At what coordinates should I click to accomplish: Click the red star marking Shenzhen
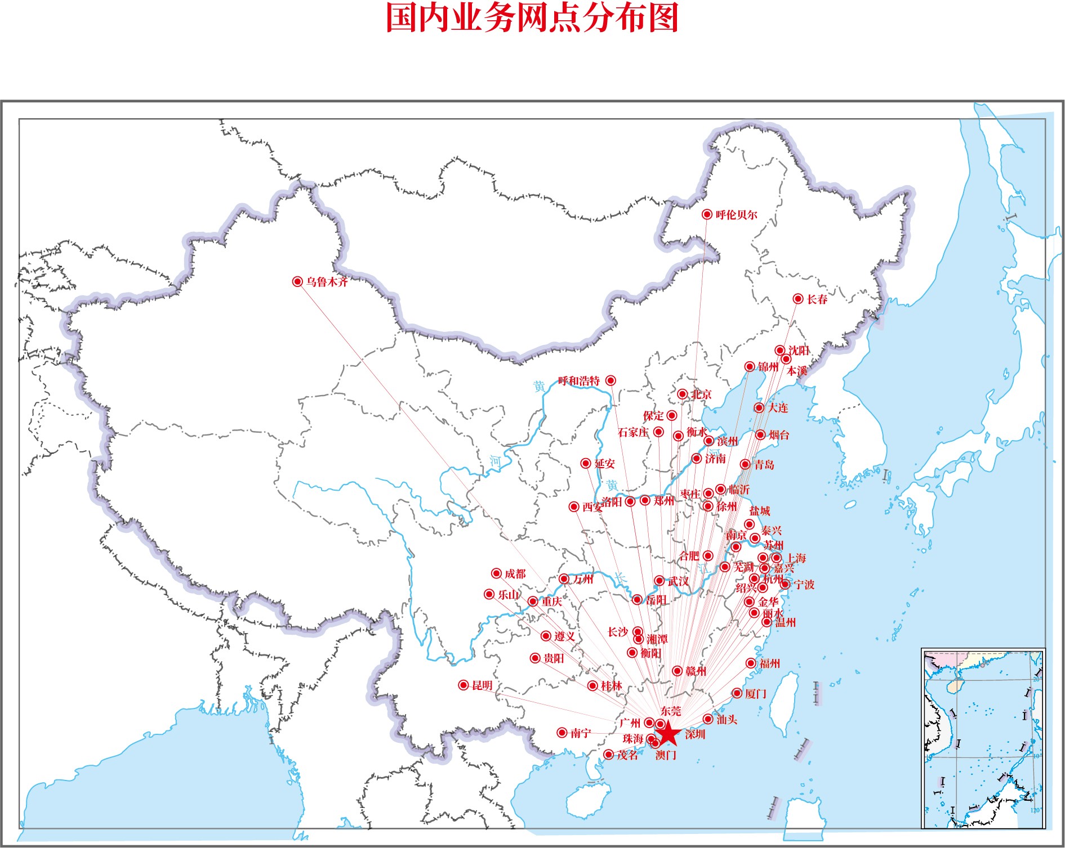pyautogui.click(x=668, y=733)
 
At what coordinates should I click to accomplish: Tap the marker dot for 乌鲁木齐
pyautogui.click(x=297, y=281)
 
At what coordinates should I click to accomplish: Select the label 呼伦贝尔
pyautogui.click(x=736, y=214)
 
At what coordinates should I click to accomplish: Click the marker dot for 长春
pyautogui.click(x=797, y=299)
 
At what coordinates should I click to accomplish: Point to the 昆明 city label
pyautogui.click(x=482, y=685)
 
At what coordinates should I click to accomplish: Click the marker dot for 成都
pyautogui.click(x=496, y=573)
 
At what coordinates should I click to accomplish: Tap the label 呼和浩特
pyautogui.click(x=579, y=381)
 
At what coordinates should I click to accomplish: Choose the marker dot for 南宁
pyautogui.click(x=562, y=733)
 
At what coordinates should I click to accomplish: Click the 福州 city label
pyautogui.click(x=769, y=663)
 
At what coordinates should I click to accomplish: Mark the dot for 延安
pyautogui.click(x=586, y=463)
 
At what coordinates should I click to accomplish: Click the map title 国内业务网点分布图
pyautogui.click(x=532, y=18)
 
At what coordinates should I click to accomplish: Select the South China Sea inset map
pyautogui.click(x=983, y=738)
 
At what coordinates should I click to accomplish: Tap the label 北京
pyautogui.click(x=701, y=394)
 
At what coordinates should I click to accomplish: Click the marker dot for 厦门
pyautogui.click(x=737, y=693)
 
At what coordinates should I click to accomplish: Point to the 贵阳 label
pyautogui.click(x=554, y=658)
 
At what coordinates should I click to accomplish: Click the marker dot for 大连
pyautogui.click(x=759, y=408)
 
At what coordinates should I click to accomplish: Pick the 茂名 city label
pyautogui.click(x=627, y=755)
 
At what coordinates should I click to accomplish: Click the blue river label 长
pyautogui.click(x=620, y=578)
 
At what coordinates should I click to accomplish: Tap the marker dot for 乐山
pyautogui.click(x=489, y=594)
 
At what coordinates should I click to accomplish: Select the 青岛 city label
pyautogui.click(x=764, y=465)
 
